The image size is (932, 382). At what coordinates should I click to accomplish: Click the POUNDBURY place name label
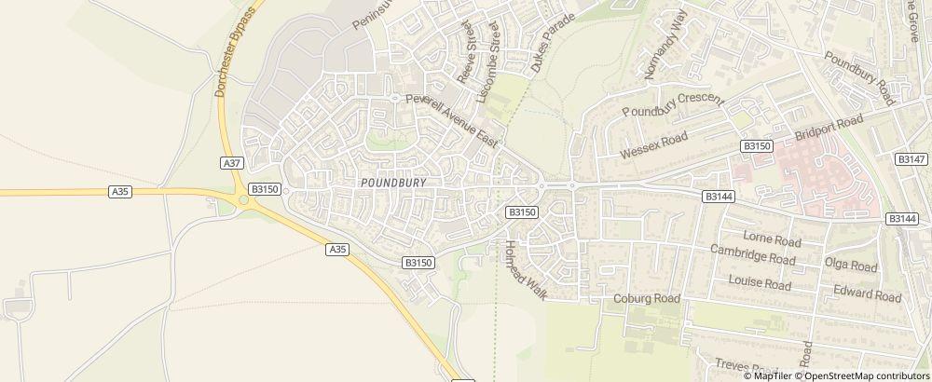coord(392,183)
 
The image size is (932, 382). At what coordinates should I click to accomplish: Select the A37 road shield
coord(233,163)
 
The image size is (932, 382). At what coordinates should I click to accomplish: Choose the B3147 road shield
coord(911,159)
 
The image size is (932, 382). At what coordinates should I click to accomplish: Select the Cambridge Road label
coord(752,254)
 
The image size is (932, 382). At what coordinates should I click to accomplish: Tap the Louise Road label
coord(760,282)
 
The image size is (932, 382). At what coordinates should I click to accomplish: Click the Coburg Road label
coord(648,298)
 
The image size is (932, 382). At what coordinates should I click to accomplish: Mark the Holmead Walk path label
coord(524,271)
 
